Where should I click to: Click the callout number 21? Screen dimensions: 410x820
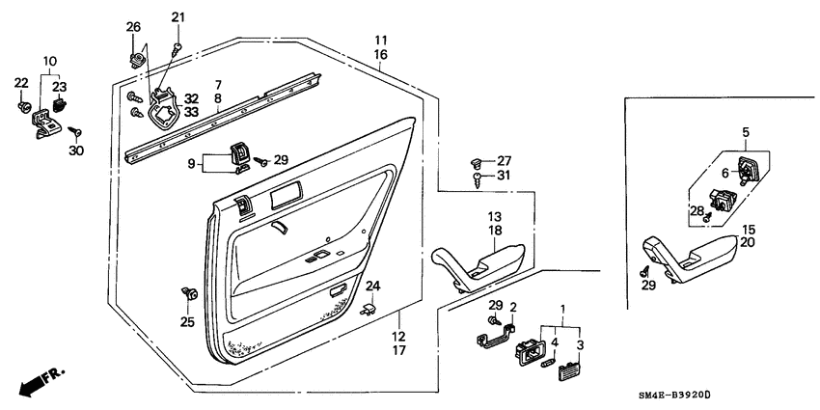[x=177, y=17]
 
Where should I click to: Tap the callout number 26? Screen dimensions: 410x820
[x=133, y=25]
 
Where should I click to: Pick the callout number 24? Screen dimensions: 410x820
[x=373, y=286]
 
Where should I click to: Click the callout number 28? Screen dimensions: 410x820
[x=696, y=211]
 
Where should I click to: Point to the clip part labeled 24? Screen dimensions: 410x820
[x=368, y=309]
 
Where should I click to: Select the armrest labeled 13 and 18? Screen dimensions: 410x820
[x=479, y=263]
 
